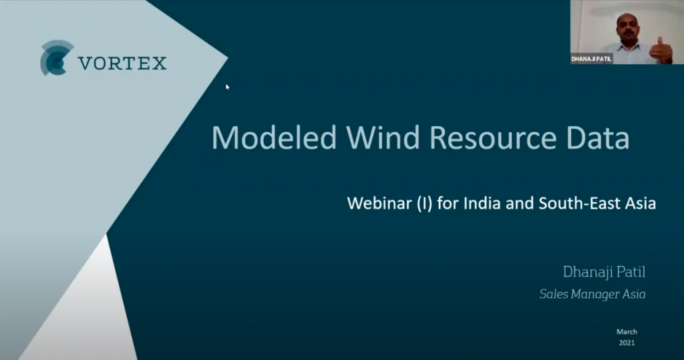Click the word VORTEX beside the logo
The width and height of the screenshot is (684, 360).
pos(123,63)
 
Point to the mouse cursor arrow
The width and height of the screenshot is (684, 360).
pos(227,87)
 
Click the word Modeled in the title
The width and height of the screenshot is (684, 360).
pos(274,138)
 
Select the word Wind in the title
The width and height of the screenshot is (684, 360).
pos(383,138)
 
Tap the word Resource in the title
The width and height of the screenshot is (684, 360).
pos(492,138)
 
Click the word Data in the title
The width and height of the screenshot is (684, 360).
pos(598,138)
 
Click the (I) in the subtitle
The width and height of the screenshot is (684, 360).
pos(424,204)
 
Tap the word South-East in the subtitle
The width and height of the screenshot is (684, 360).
pos(578,203)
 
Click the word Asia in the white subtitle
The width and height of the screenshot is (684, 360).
pos(639,203)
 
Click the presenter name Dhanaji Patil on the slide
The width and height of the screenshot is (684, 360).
pos(604,273)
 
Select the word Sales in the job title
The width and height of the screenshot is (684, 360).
pos(554,294)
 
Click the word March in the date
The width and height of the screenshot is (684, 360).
pos(627,332)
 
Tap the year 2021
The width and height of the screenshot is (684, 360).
pos(627,343)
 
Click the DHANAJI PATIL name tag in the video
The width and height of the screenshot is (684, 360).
pos(592,59)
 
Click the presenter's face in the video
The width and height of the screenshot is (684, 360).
pos(627,29)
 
